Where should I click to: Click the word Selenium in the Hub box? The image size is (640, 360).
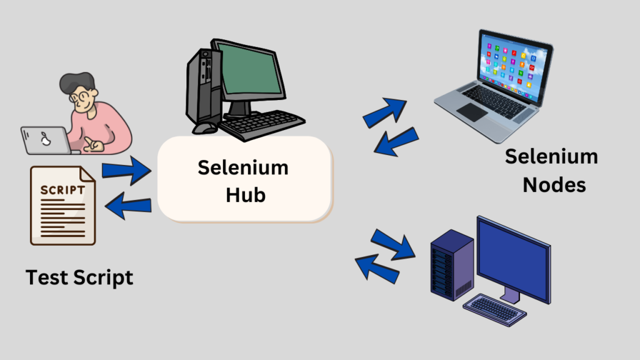click(243, 167)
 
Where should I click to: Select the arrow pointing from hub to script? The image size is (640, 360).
click(128, 206)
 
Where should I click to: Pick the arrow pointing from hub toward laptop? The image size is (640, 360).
click(385, 113)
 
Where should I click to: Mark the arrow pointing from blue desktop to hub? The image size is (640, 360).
click(377, 268)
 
